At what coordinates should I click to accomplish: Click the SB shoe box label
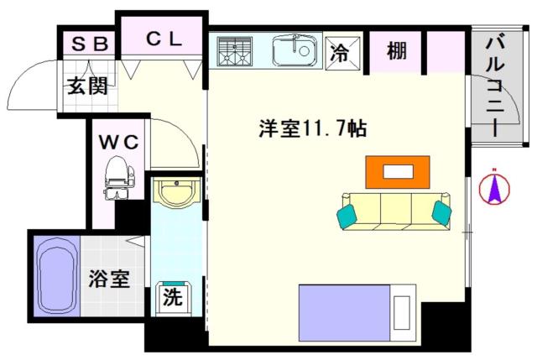90,44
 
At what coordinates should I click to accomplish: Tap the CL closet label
164,39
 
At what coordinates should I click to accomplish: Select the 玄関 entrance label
87,86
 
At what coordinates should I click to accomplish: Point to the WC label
119,142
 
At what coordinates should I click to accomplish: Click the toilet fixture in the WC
118,177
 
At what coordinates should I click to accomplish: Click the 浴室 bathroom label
109,279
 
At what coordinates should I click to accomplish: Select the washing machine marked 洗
173,297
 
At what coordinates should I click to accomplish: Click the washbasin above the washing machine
176,192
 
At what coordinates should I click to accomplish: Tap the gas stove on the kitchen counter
235,51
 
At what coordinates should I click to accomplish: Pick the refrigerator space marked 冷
342,53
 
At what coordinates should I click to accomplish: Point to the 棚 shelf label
397,51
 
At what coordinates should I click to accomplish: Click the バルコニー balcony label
495,86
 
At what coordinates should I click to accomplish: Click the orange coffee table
398,172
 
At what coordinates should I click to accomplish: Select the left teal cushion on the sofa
347,217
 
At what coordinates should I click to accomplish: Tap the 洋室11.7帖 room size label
312,129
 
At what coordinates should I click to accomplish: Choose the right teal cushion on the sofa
441,213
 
